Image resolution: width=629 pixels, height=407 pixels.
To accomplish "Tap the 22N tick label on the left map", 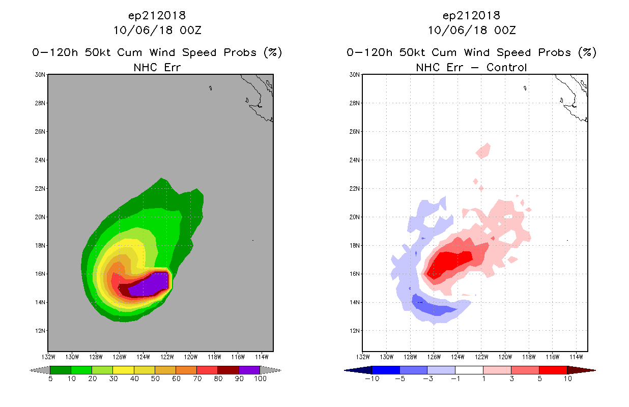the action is coord(40,189).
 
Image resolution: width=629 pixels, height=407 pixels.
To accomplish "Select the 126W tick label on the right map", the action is coord(434,357).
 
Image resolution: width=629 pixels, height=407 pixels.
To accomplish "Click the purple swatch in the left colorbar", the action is coord(249,370).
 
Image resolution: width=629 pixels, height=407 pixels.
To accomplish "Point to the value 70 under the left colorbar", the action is coord(197,379).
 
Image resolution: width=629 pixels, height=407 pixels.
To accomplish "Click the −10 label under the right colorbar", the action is coord(372,379).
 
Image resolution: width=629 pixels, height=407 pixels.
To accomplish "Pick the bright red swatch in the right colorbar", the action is coord(553,370).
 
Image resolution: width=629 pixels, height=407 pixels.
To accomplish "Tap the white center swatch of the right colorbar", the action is coord(469,370).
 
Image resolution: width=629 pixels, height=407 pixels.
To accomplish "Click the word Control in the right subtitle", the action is coord(506,67).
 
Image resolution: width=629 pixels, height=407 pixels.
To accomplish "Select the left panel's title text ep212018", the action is coord(157,16).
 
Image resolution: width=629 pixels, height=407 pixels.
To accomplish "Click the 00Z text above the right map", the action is coord(505,30).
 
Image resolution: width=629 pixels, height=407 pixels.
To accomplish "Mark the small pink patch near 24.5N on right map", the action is coord(483,151).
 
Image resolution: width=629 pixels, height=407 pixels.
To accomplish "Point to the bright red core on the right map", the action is coord(449,264).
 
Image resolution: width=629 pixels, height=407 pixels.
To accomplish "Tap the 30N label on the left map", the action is coord(40,75).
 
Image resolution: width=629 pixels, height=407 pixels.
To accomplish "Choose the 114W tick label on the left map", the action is coord(262,357).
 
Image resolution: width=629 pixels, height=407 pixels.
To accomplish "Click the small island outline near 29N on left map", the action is coord(210,88).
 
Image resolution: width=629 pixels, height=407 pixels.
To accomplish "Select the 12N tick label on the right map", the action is coord(354,331).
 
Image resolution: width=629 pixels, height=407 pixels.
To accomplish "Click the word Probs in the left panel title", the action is coord(240,52).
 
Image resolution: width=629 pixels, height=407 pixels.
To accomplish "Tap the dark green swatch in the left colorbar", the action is coord(61,370).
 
